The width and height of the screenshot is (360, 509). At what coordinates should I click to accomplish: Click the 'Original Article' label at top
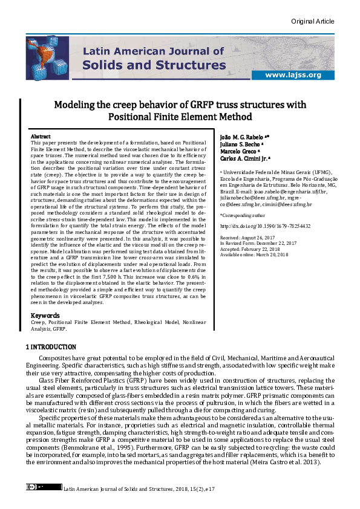[312, 21]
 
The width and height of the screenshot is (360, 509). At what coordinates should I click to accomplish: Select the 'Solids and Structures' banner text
[154, 65]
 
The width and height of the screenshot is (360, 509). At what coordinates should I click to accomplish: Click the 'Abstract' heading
[41, 137]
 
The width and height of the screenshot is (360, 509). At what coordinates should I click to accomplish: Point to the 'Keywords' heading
[45, 316]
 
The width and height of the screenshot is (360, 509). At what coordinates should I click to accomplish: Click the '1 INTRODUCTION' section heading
[51, 347]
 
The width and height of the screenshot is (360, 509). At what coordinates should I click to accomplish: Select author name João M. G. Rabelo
[240, 138]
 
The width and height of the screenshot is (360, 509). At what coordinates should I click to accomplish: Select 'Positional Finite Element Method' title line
[180, 117]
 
